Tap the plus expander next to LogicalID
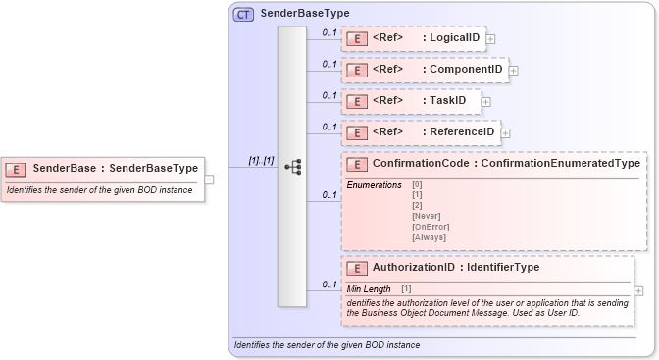(x=490, y=39)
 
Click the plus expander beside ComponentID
(x=513, y=71)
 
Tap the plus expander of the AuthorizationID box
(x=639, y=291)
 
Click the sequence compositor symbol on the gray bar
(x=292, y=168)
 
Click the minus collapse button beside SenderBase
(x=210, y=179)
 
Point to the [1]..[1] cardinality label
(x=261, y=160)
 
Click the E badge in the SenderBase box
(x=18, y=168)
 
